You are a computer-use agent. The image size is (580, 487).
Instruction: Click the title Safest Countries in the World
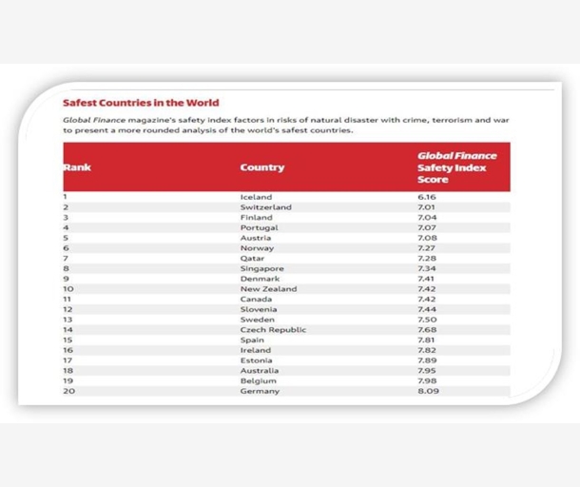140,103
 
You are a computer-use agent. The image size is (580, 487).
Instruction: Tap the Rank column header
77,167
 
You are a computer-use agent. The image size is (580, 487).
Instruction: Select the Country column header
261,167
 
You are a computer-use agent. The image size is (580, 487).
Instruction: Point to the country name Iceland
256,197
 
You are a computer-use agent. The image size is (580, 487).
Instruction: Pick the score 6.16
426,197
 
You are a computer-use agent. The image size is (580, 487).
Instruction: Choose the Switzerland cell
265,206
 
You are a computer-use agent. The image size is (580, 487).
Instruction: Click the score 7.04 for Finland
426,217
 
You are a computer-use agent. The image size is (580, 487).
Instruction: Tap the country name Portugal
260,227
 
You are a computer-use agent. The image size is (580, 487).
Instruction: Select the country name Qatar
253,258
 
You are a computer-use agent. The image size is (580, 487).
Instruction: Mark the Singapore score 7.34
426,268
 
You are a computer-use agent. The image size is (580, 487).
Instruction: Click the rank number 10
68,288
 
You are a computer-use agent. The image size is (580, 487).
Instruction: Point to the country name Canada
257,299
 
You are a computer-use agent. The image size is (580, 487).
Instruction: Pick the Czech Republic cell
273,329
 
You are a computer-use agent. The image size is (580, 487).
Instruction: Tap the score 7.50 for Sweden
426,320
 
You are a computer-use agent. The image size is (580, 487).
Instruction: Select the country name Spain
252,340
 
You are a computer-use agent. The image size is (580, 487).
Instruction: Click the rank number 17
68,360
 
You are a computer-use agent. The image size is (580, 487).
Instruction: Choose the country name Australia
260,370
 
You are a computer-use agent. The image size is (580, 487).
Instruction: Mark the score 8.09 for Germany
426,391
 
